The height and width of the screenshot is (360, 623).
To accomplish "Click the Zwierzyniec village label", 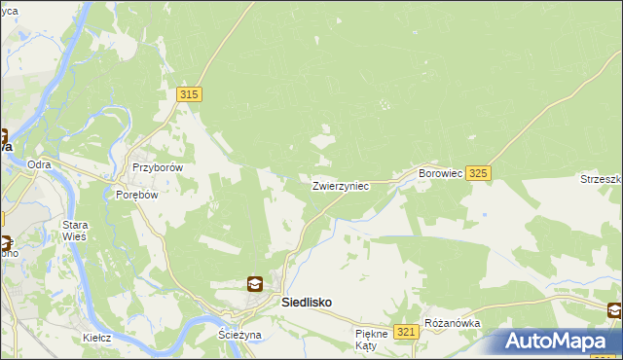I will (340, 186).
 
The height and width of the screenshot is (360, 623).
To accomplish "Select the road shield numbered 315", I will (190, 94).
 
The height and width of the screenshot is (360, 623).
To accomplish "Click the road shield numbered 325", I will (477, 173).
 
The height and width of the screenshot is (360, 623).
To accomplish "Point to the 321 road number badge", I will (408, 333).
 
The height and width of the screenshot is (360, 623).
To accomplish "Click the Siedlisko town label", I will (306, 303).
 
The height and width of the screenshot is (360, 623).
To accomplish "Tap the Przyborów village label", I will (158, 167).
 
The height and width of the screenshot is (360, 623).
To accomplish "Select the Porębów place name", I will (136, 194).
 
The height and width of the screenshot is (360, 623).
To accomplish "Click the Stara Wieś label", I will (75, 230).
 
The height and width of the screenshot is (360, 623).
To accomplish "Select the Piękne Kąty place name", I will (371, 339).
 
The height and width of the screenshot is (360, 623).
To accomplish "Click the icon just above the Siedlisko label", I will (254, 284).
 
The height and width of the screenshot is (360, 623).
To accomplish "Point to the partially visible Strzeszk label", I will (602, 179).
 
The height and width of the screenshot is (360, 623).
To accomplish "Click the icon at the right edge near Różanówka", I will (615, 311).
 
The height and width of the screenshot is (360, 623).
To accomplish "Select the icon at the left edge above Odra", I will (3, 138).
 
